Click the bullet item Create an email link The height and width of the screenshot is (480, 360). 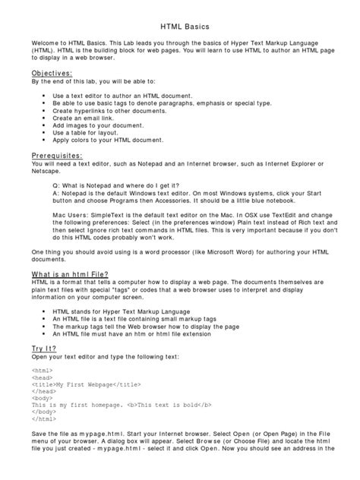coord(105,118)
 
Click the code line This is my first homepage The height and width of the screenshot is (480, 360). coord(114,410)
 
